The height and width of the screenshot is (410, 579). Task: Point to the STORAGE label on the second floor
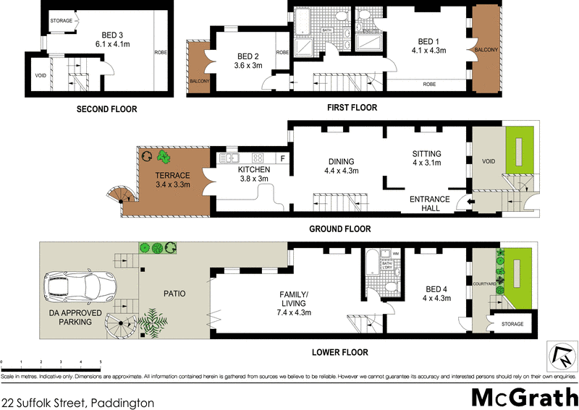pos(61,21)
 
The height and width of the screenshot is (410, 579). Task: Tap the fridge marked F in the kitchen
pos(282,158)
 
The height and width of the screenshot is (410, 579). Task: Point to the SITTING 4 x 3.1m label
pos(426,159)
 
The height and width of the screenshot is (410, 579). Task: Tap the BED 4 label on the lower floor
pos(436,294)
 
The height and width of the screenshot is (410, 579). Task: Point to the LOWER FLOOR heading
pos(340,352)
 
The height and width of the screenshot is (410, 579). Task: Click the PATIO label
pos(174,294)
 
